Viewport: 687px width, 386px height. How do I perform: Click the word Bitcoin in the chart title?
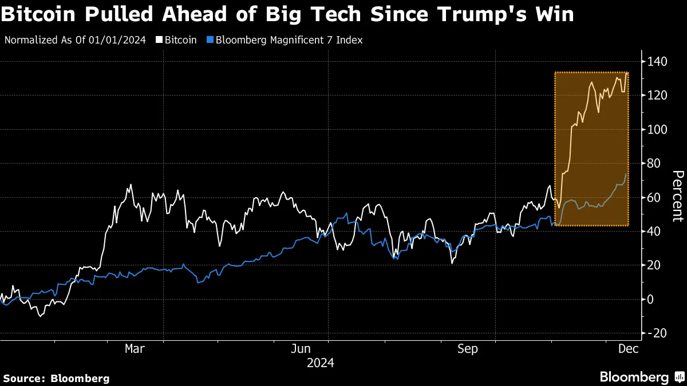[x=40, y=14]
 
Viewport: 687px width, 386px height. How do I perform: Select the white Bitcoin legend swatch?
[x=159, y=40]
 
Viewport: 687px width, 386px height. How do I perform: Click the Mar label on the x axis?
[x=135, y=349]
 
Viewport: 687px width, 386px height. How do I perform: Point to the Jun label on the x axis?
[x=300, y=349]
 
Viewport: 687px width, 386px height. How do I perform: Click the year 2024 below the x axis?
[x=321, y=363]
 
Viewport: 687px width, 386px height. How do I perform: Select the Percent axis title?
[x=677, y=196]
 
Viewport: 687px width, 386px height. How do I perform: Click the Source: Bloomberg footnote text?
[x=56, y=378]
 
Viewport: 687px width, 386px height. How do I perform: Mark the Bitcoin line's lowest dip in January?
[x=40, y=316]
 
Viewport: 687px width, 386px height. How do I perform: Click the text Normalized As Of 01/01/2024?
[x=74, y=40]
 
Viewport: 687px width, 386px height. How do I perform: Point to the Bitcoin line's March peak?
[x=131, y=185]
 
